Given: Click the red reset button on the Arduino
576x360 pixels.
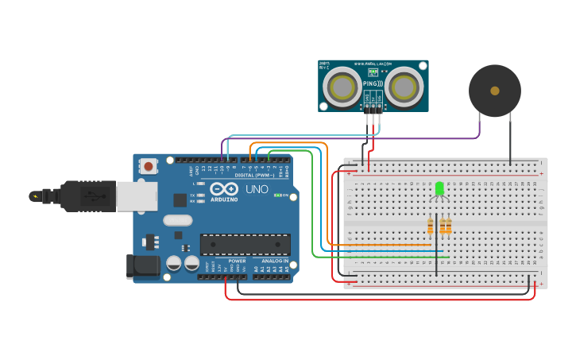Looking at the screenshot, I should coord(148,166).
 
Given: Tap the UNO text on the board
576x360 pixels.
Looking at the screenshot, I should coord(256,190).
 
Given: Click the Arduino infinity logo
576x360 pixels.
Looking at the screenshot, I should coord(224,190).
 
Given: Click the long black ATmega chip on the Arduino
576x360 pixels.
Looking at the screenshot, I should coord(245,245).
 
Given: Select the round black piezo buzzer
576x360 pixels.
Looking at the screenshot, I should coord(494,91).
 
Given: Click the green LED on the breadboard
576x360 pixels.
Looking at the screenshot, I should coord(439,188).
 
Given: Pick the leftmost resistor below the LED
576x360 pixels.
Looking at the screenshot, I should coord(431,227).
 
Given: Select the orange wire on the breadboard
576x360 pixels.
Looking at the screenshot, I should coord(381,244).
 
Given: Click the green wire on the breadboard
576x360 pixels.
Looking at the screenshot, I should coord(381,257).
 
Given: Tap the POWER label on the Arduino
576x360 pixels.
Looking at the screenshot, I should coord(237,261).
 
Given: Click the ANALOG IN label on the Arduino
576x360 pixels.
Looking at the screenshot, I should coord(275,261).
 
